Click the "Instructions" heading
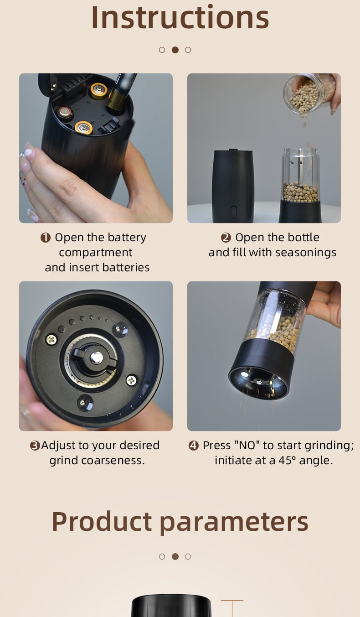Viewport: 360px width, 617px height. click(x=180, y=17)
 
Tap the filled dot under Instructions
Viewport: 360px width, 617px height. click(x=175, y=50)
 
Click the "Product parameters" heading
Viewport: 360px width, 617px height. click(x=180, y=523)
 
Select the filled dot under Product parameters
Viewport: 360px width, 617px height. click(x=175, y=557)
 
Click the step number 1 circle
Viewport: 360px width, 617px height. click(x=46, y=238)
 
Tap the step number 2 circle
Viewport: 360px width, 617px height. click(x=226, y=238)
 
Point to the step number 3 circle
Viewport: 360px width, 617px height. click(x=35, y=446)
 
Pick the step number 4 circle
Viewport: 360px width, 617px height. click(x=194, y=446)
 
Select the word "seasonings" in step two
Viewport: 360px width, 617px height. click(x=306, y=253)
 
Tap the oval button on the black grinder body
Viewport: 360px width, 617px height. click(x=233, y=212)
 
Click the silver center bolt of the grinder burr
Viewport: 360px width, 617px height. click(x=97, y=358)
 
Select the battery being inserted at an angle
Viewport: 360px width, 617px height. click(x=121, y=92)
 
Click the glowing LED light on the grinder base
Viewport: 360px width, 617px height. click(x=244, y=374)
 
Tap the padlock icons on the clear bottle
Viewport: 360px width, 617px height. click(x=296, y=162)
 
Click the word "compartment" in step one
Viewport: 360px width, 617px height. click(x=96, y=253)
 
